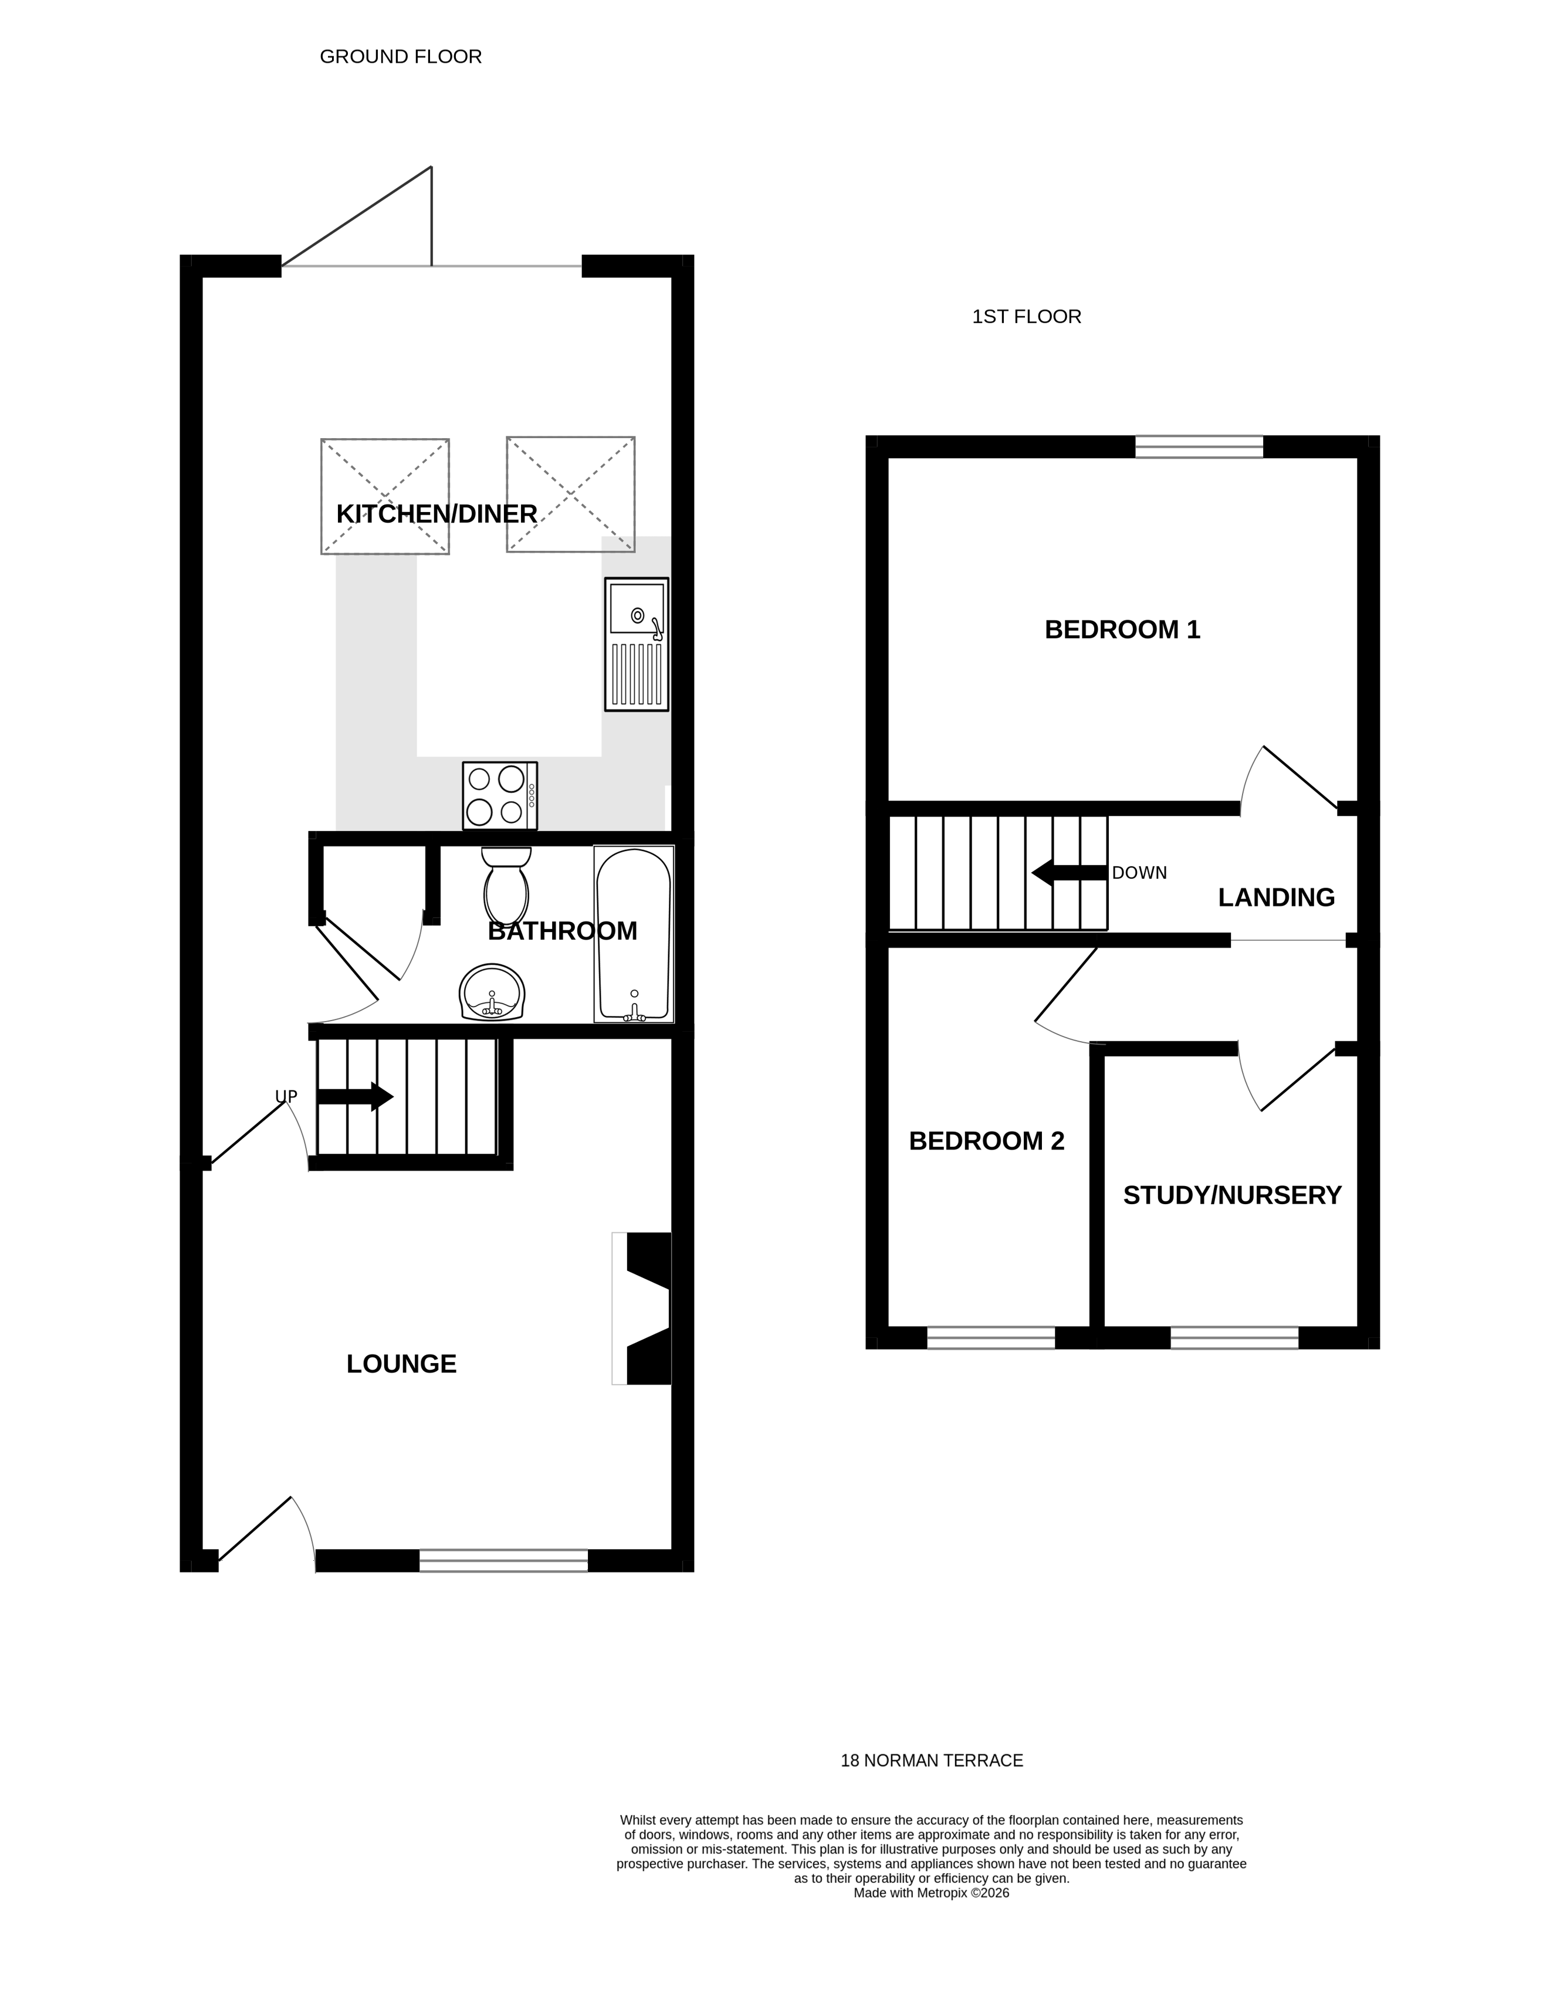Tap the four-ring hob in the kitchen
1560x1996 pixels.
499,795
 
